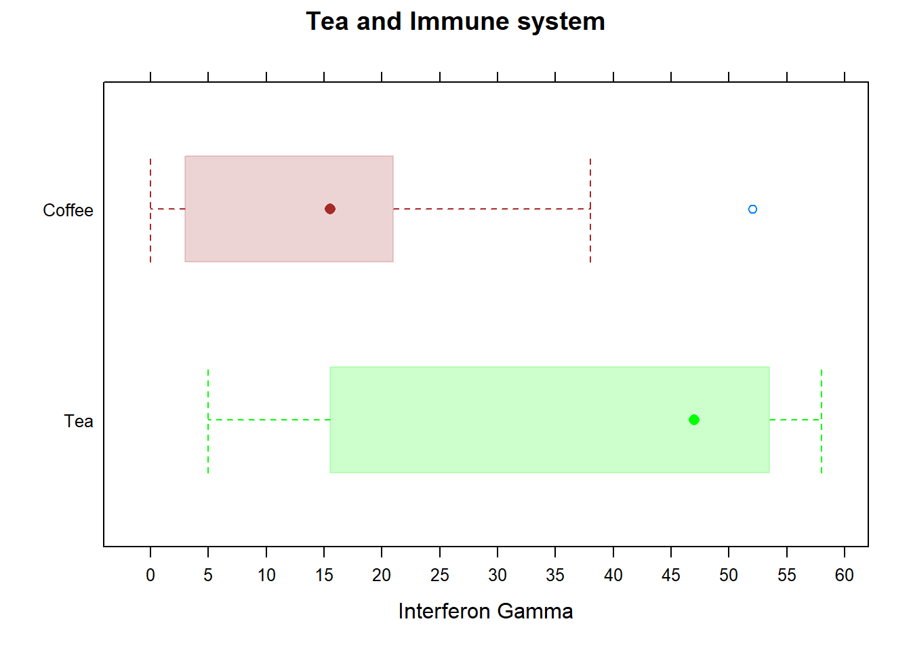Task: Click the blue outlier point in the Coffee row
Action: (x=752, y=209)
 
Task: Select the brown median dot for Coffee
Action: (x=330, y=209)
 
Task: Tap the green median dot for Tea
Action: (x=693, y=420)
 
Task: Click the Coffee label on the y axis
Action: (x=68, y=210)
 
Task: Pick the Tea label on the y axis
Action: (x=79, y=421)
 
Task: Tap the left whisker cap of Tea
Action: (x=208, y=420)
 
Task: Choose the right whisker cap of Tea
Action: (x=822, y=420)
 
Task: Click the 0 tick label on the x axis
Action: (x=150, y=575)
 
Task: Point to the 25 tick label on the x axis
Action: (x=440, y=575)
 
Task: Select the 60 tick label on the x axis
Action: (x=845, y=575)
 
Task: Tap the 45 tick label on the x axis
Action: (x=671, y=575)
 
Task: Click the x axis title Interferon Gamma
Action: (x=485, y=611)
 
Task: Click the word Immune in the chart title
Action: (x=458, y=22)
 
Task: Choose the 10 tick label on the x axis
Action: (x=266, y=575)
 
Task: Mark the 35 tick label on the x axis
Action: (x=555, y=575)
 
